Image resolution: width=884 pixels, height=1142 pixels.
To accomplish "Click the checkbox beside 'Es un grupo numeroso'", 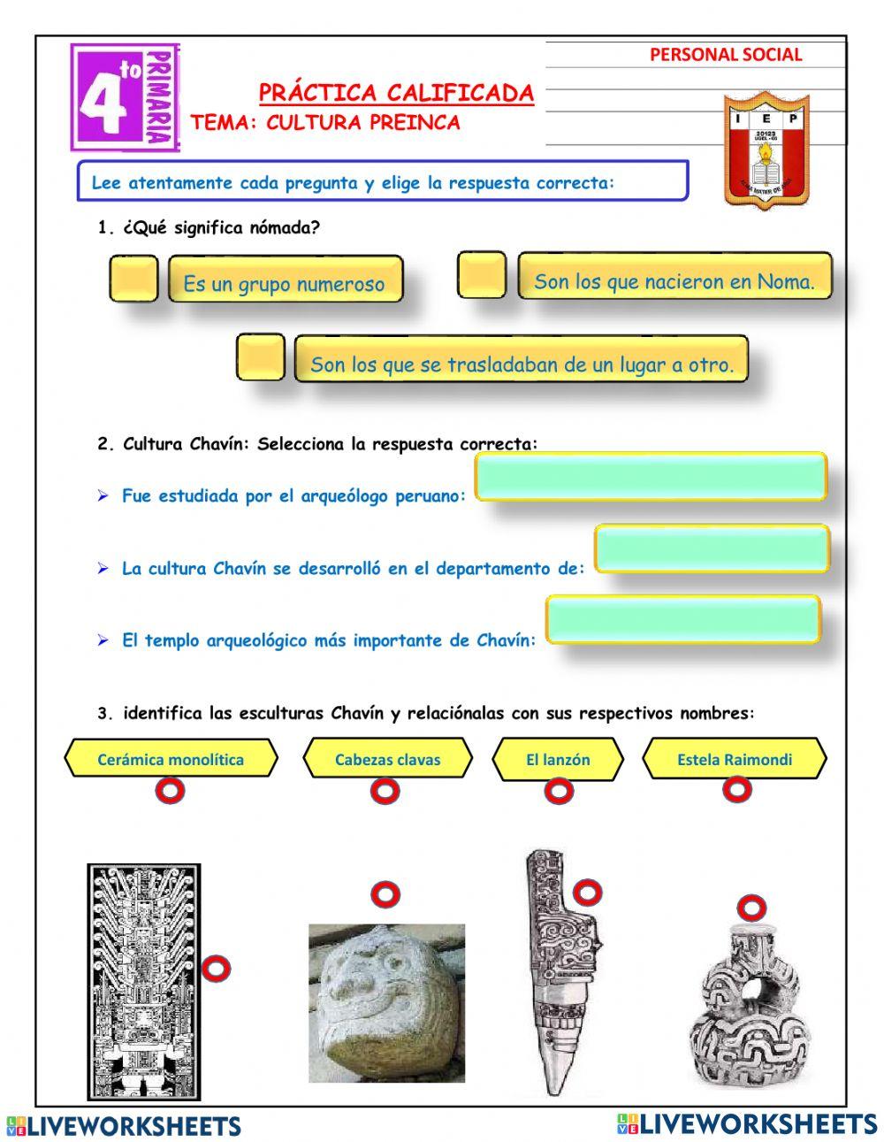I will tap(133, 279).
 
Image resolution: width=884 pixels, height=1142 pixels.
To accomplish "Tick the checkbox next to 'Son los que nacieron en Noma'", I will tap(482, 275).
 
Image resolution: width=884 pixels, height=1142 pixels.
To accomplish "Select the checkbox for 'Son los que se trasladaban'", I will tap(261, 357).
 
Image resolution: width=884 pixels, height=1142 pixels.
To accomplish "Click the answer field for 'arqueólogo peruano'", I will tap(651, 478).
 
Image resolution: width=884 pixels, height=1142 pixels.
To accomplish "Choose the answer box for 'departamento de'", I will tap(712, 548).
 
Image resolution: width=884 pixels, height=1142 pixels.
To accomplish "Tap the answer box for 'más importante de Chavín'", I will tap(682, 619).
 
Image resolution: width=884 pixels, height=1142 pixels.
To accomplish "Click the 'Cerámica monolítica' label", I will tap(171, 759).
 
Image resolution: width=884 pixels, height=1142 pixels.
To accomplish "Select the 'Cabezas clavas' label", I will tap(387, 759).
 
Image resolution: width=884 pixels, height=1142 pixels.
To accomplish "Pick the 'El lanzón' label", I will tap(558, 759).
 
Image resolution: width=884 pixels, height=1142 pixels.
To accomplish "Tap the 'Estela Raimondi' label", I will tap(735, 759).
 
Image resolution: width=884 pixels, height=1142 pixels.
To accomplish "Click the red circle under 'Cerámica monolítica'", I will tap(170, 790).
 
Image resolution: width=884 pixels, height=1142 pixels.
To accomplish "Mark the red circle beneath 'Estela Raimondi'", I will tap(736, 789).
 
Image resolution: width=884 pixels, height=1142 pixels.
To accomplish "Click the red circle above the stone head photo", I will tap(385, 894).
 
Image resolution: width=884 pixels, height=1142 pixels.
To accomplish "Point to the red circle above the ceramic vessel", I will tap(751, 907).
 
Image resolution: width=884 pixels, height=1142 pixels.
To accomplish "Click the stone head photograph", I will tap(386, 1003).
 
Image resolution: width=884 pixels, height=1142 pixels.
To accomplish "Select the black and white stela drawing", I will tap(144, 981).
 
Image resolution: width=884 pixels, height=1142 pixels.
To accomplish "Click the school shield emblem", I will tap(766, 150).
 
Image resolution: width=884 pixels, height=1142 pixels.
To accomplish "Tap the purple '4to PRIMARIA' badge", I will tap(123, 98).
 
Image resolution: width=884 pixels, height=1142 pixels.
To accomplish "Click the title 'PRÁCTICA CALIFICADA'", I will tap(396, 93).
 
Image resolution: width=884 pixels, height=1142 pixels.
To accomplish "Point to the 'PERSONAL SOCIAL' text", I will tap(726, 55).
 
